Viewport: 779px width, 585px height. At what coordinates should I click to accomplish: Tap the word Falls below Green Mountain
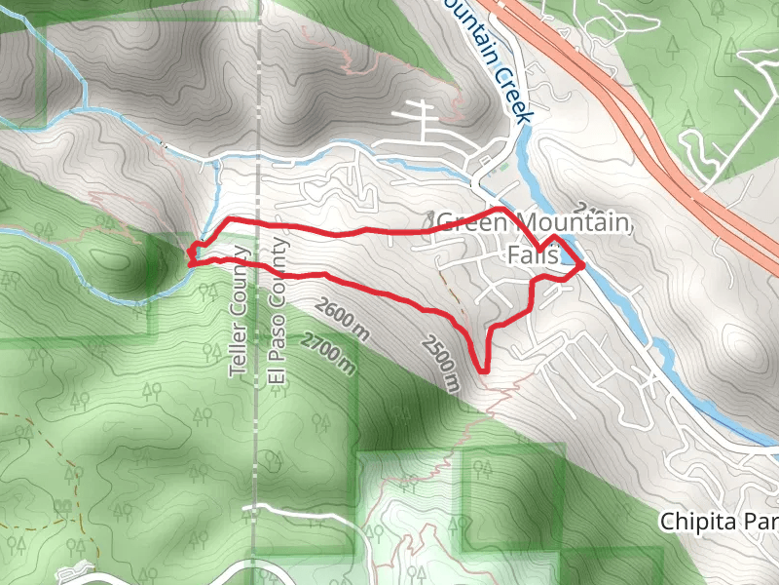[x=533, y=255]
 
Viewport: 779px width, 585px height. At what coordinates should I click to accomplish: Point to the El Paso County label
[x=278, y=310]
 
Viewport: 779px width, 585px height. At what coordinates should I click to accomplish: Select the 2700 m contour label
[x=327, y=354]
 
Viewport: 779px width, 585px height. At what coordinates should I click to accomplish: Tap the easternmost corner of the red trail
[x=583, y=263]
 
